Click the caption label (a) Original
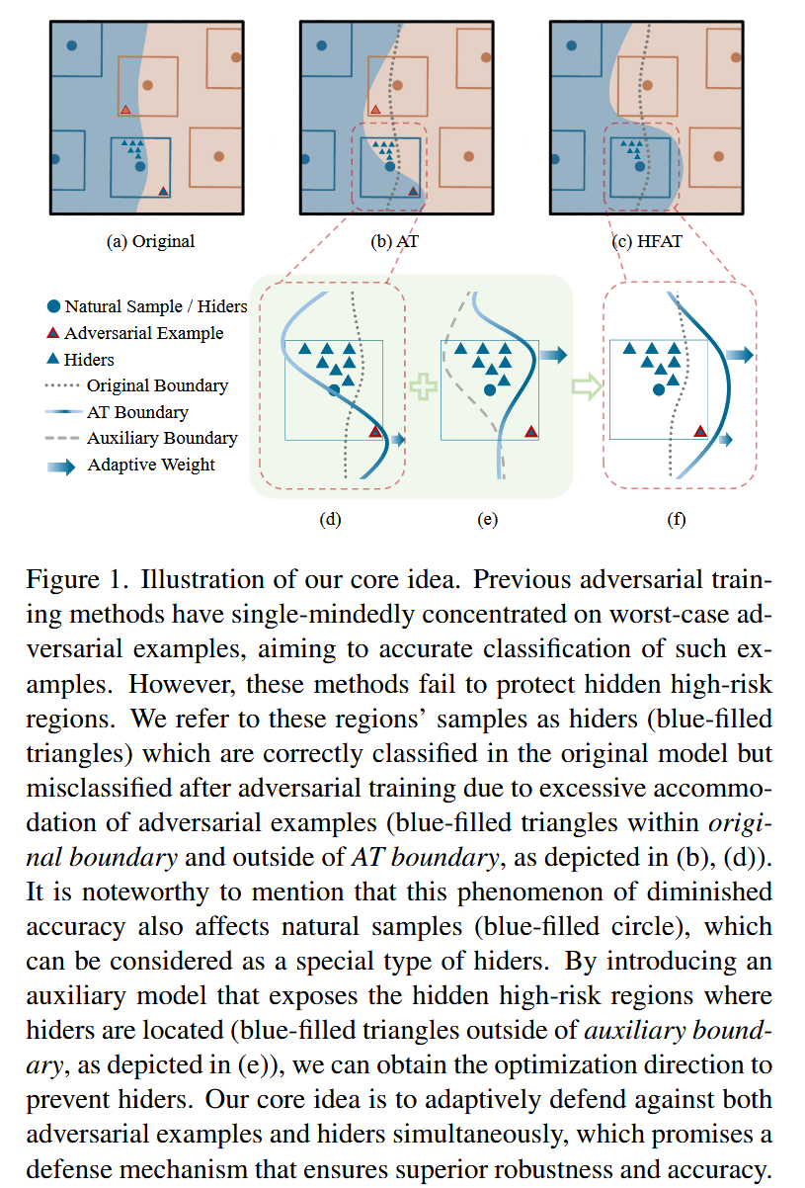coord(150,241)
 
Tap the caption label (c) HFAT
coord(647,241)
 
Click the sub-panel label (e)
coord(486,519)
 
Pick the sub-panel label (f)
coord(677,519)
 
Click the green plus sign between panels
coord(423,385)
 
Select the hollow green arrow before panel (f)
coord(587,385)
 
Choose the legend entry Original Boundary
coord(157,385)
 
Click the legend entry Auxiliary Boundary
coord(162,438)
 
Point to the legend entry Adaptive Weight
coord(150,465)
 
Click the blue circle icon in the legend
coord(53,307)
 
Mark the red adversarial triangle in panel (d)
coord(375,431)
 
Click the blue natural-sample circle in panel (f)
coord(658,390)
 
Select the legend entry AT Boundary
coord(137,412)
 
